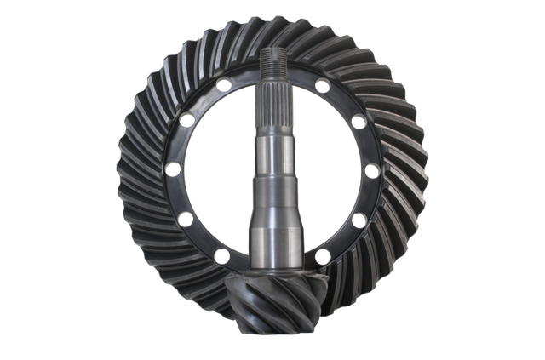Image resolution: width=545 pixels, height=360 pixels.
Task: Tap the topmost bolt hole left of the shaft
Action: [221, 83]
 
